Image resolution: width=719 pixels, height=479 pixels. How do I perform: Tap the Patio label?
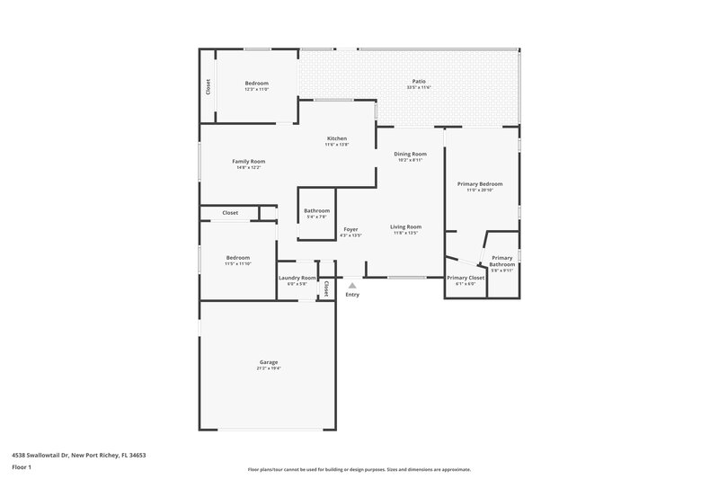pos(419,82)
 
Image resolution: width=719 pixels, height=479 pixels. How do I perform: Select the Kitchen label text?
pos(336,138)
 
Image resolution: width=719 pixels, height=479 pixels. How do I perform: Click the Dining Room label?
pos(410,154)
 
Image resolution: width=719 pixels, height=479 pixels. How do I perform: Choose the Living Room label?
pos(406,226)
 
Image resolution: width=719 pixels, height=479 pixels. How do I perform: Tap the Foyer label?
pos(351,229)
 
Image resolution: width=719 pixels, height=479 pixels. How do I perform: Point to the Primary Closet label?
pos(466,278)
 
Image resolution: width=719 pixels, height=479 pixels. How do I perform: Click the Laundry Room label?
pos(297,278)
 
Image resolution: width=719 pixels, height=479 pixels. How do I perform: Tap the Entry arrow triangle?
pos(352,286)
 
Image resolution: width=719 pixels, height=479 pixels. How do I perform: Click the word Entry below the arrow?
pos(352,295)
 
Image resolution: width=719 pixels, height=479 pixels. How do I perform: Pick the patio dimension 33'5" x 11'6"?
pos(419,87)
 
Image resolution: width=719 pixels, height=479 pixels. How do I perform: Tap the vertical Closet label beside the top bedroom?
pos(209,86)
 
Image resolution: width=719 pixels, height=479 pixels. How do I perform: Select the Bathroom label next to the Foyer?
pos(316,210)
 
